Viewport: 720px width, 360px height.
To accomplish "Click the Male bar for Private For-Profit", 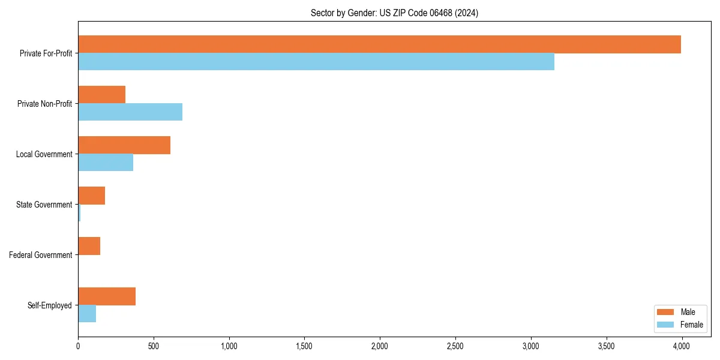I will pyautogui.click(x=379, y=44).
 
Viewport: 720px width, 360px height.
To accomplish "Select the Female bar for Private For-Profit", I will pyautogui.click(x=316, y=62).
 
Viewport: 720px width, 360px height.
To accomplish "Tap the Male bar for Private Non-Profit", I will pyautogui.click(x=101, y=95).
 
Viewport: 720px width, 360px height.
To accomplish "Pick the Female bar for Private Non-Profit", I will pyautogui.click(x=130, y=112).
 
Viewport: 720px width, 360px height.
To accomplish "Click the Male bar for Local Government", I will pyautogui.click(x=124, y=145).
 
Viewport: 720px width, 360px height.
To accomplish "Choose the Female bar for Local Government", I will pyautogui.click(x=106, y=163).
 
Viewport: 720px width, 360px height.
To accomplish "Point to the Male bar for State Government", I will pyautogui.click(x=91, y=196).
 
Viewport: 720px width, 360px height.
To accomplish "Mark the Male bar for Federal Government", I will pyautogui.click(x=89, y=246).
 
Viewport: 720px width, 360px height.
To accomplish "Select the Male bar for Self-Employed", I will pyautogui.click(x=107, y=296).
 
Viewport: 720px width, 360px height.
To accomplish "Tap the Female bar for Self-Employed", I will pyautogui.click(x=87, y=314).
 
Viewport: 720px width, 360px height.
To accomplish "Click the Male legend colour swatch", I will pyautogui.click(x=666, y=312).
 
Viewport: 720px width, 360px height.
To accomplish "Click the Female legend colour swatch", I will pyautogui.click(x=666, y=325).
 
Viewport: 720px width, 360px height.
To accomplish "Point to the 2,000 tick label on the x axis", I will pyautogui.click(x=380, y=346).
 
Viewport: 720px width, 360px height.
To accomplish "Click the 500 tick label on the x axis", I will pyautogui.click(x=154, y=346).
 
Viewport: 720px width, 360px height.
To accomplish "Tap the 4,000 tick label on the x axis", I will pyautogui.click(x=682, y=346).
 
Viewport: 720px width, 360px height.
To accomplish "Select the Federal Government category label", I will pyautogui.click(x=41, y=255).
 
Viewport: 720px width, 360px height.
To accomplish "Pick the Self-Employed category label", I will pyautogui.click(x=50, y=305).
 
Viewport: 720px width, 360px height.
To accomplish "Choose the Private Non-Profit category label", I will pyautogui.click(x=44, y=104).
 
